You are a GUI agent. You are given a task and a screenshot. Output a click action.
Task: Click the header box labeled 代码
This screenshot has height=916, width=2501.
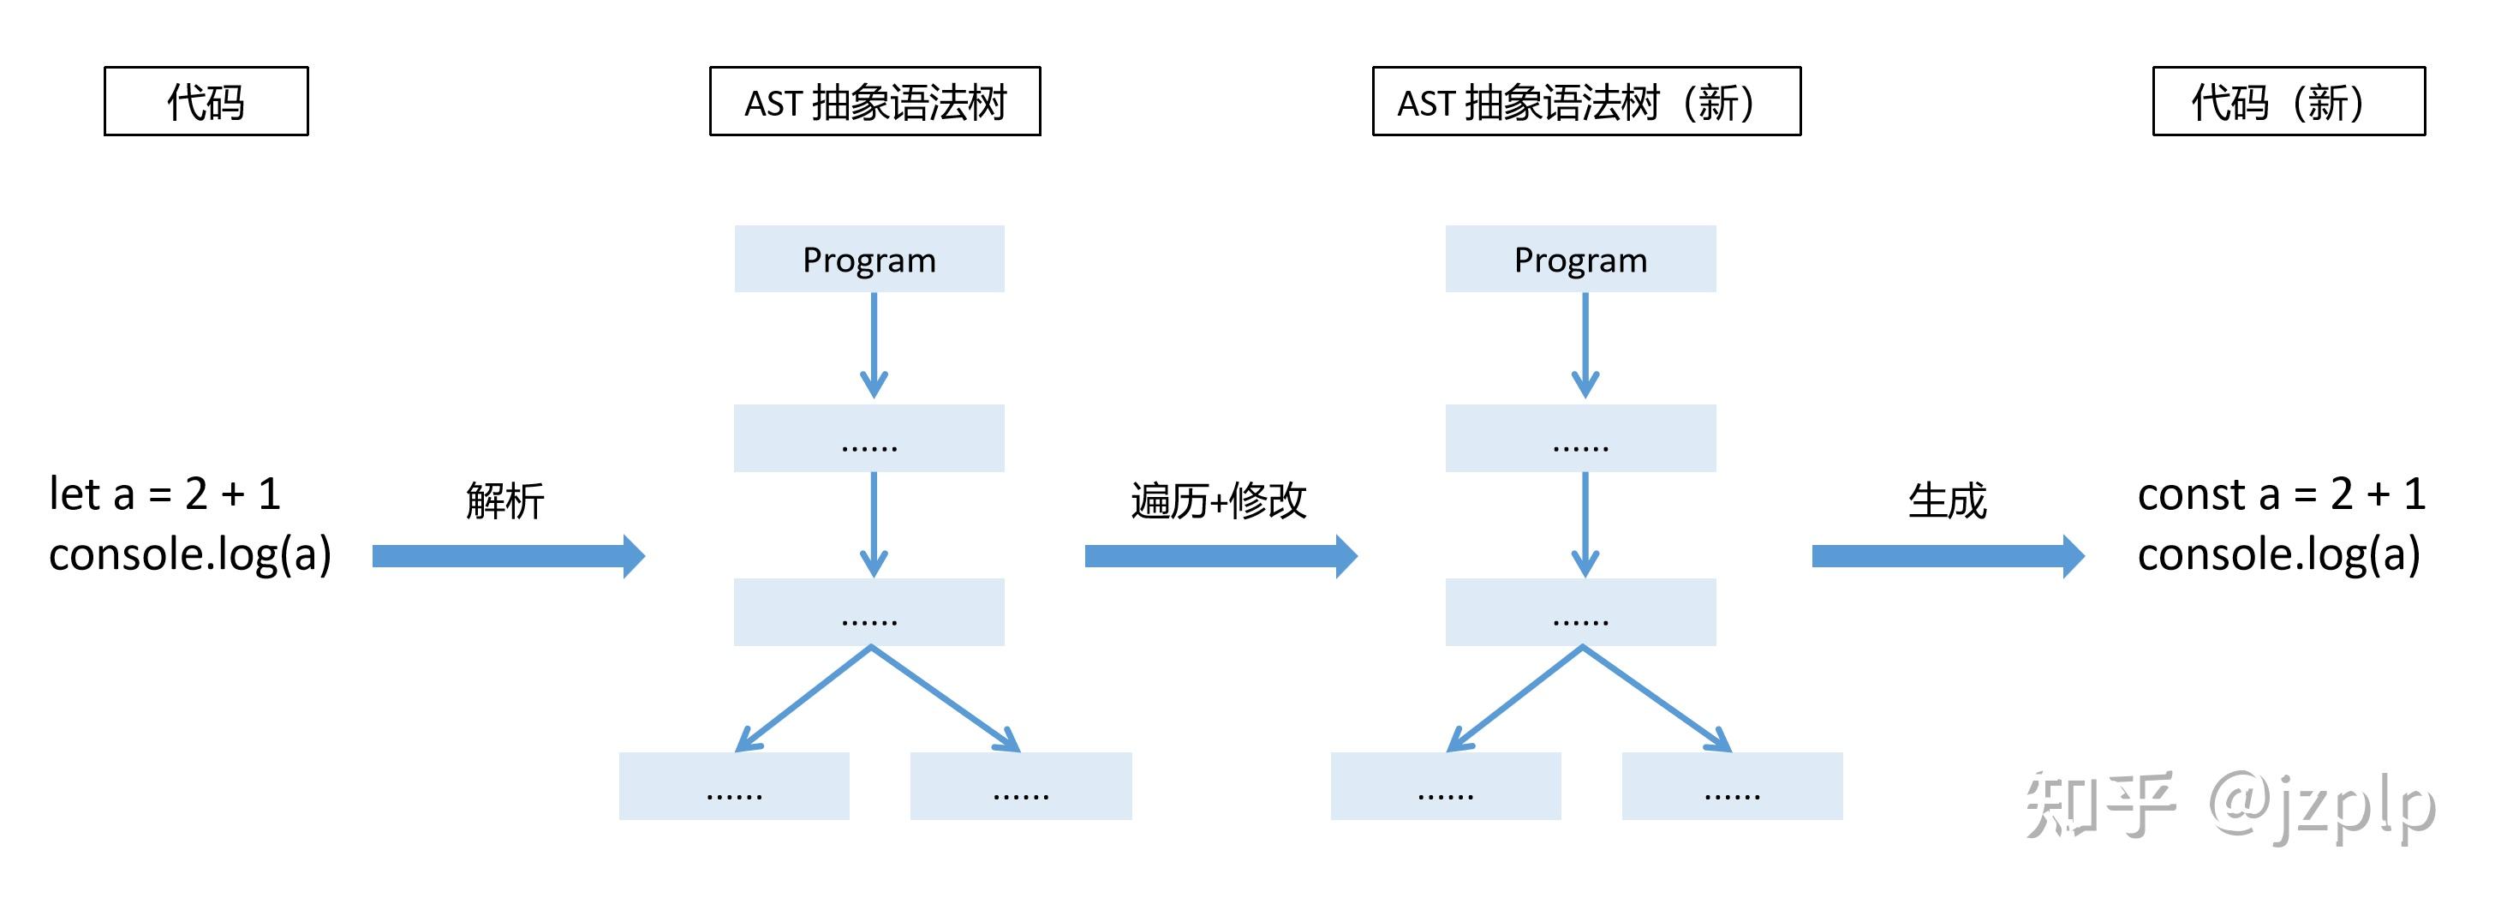206,101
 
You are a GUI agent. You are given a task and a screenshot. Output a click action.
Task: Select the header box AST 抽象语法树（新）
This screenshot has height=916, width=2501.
1585,101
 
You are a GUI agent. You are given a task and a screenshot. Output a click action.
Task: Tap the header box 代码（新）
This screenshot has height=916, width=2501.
2289,101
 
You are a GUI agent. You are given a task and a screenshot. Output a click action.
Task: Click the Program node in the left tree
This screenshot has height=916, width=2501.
869,260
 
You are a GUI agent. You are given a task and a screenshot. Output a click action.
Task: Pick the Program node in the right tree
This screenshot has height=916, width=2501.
1580,260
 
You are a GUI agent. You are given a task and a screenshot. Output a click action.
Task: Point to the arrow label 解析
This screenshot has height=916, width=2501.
504,501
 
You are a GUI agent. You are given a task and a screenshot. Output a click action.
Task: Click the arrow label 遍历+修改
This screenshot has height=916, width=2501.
1219,501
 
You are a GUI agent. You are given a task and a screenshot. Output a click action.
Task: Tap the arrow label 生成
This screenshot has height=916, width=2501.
1948,501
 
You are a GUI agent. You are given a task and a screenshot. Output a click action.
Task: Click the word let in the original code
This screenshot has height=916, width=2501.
75,494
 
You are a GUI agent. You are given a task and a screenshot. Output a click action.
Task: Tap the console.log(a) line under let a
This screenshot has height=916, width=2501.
190,554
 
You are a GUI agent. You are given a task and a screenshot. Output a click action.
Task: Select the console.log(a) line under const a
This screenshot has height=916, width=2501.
2278,554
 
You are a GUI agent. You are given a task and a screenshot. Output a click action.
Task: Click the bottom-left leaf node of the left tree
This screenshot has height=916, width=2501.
734,786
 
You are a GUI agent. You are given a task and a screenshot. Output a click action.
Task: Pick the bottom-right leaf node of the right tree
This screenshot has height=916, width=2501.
1732,786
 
